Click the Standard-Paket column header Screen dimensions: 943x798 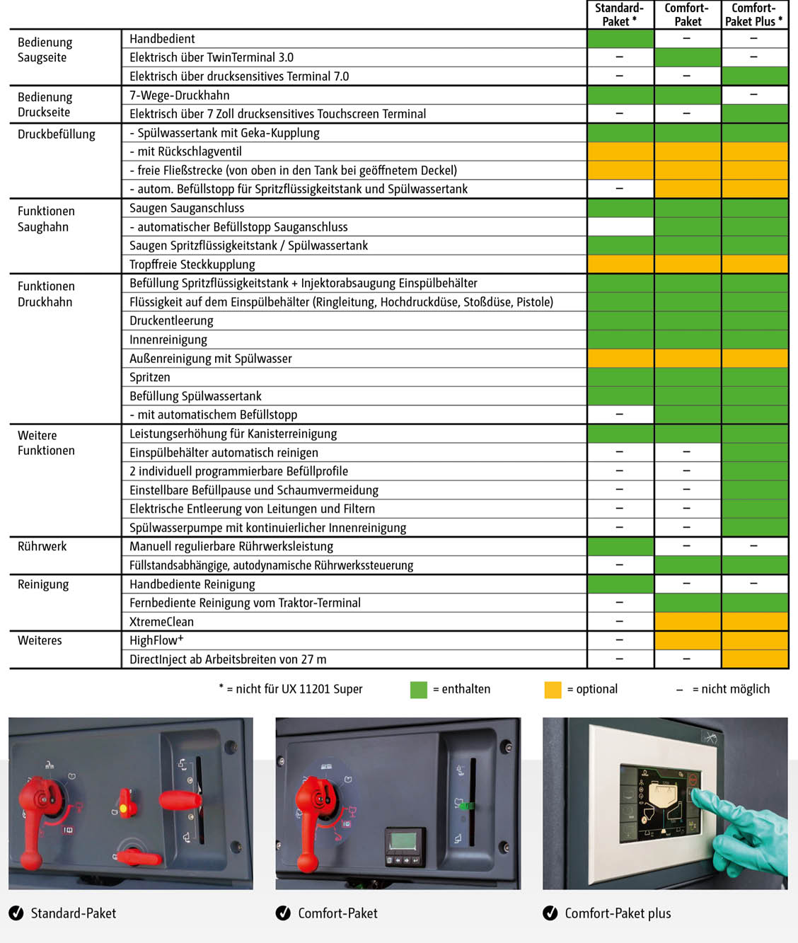click(x=619, y=15)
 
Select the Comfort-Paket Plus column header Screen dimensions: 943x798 click(x=754, y=15)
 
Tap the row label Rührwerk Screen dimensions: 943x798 click(x=42, y=546)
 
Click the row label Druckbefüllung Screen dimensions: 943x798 click(x=57, y=134)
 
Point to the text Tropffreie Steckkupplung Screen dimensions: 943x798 click(x=192, y=265)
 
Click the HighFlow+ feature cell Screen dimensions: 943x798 click(x=156, y=640)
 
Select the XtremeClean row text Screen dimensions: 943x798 click(x=161, y=622)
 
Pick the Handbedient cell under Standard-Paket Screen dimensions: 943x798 click(x=620, y=39)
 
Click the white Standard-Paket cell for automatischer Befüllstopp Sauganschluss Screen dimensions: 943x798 click(x=620, y=226)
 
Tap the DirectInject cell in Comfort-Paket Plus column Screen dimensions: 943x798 click(x=754, y=659)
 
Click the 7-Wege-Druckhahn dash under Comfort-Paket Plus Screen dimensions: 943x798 click(x=754, y=95)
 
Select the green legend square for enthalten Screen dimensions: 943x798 click(x=419, y=690)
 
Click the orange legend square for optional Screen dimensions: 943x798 click(x=553, y=690)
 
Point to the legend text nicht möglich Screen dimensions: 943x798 click(x=731, y=689)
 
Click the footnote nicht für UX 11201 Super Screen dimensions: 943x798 click(x=291, y=689)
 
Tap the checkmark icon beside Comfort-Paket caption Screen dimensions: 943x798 click(x=283, y=913)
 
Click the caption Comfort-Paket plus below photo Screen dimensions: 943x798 click(x=618, y=913)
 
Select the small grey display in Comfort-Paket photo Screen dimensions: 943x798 click(x=404, y=842)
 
